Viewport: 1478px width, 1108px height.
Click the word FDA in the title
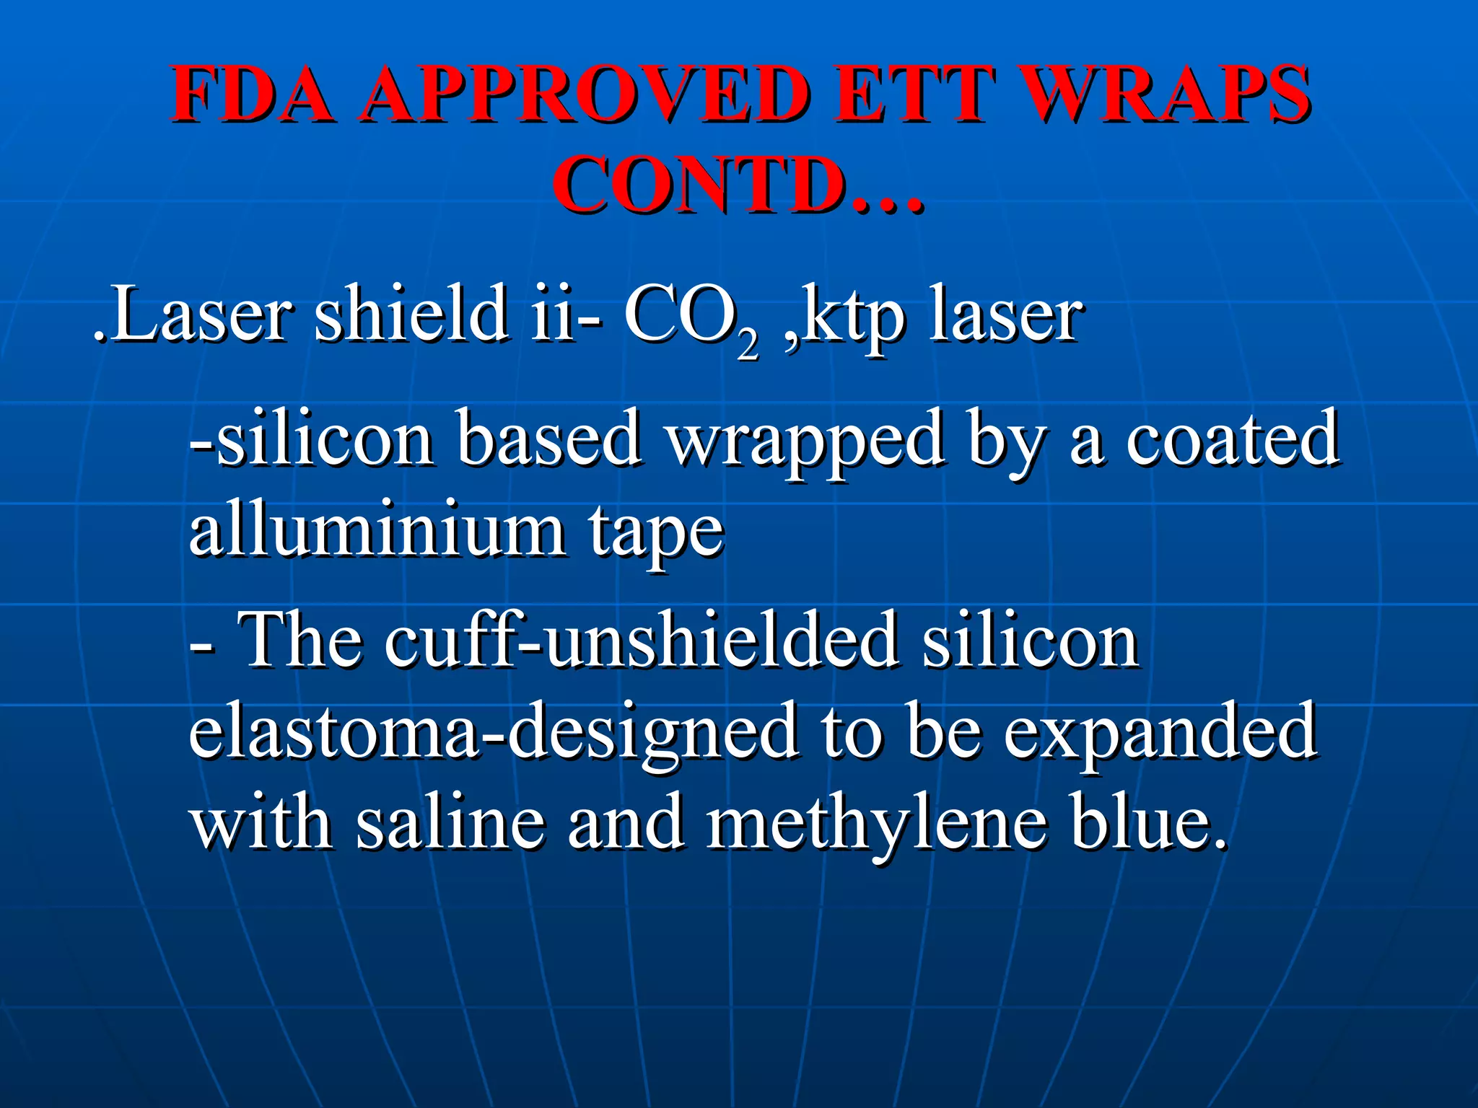coord(253,94)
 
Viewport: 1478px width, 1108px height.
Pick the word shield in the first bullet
coord(411,314)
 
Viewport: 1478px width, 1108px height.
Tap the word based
coord(548,439)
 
